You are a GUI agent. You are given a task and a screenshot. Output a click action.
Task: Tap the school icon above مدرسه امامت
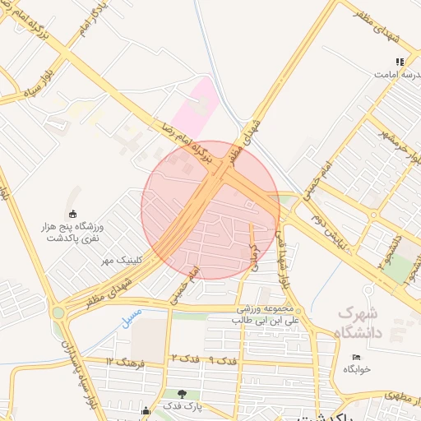point(400,62)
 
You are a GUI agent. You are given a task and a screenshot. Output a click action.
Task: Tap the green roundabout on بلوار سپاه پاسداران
point(58,312)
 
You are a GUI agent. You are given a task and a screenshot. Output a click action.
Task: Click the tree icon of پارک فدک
point(182,394)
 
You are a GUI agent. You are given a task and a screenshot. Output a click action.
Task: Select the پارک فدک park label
point(182,406)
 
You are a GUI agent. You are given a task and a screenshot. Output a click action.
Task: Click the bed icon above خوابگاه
point(355,357)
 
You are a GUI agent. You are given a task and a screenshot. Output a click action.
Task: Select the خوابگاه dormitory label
point(357,369)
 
